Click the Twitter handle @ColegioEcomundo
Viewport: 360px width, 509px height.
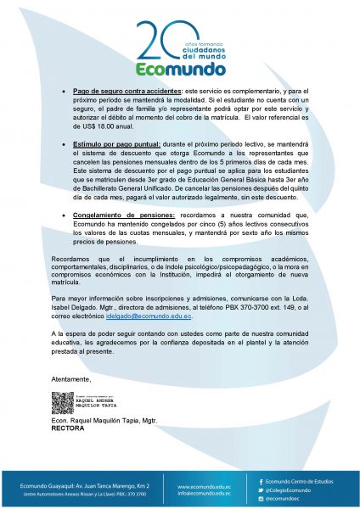pos(290,490)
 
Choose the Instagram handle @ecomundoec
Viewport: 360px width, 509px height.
pos(284,499)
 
